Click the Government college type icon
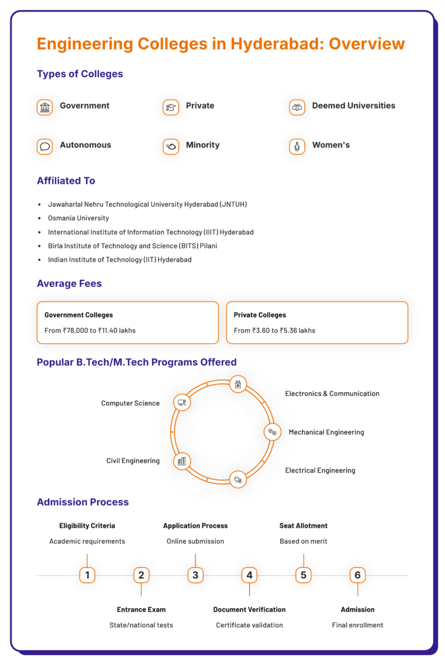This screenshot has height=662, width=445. pos(45,107)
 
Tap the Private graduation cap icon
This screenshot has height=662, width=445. pos(171,107)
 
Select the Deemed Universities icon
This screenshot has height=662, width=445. pos(297,107)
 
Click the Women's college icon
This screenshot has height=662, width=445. pos(297,147)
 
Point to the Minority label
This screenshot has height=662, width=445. pos(202,145)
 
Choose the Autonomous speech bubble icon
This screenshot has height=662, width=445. pos(45,147)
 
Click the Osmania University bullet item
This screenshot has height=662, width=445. pos(78,218)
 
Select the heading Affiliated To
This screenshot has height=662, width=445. pos(65,181)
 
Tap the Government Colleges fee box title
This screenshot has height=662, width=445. pos(79,315)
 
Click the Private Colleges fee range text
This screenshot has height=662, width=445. pos(275,330)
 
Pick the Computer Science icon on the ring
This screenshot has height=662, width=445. pos(182,402)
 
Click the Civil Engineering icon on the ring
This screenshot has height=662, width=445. pos(182,461)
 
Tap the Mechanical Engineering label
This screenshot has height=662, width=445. pos(326,432)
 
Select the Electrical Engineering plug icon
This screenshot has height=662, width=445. pos(238,479)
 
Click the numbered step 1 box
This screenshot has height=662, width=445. pos(87,575)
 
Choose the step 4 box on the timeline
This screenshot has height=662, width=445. pos(249,575)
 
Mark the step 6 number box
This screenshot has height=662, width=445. pos(358,575)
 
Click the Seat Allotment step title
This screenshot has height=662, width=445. pos(303,526)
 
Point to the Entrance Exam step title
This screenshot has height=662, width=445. pos(141,609)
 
